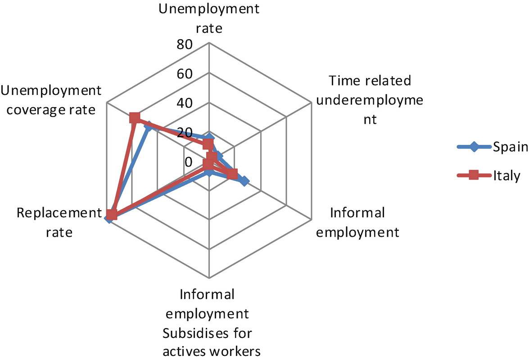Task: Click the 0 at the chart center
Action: coord(189,162)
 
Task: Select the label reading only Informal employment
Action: coord(364,222)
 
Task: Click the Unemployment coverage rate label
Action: coord(51,100)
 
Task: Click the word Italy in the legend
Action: coord(507,176)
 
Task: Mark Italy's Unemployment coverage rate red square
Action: coord(134,118)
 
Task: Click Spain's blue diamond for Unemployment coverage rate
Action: coord(147,127)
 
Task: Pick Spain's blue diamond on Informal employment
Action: coord(244,181)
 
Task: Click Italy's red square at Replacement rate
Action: coord(112,216)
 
